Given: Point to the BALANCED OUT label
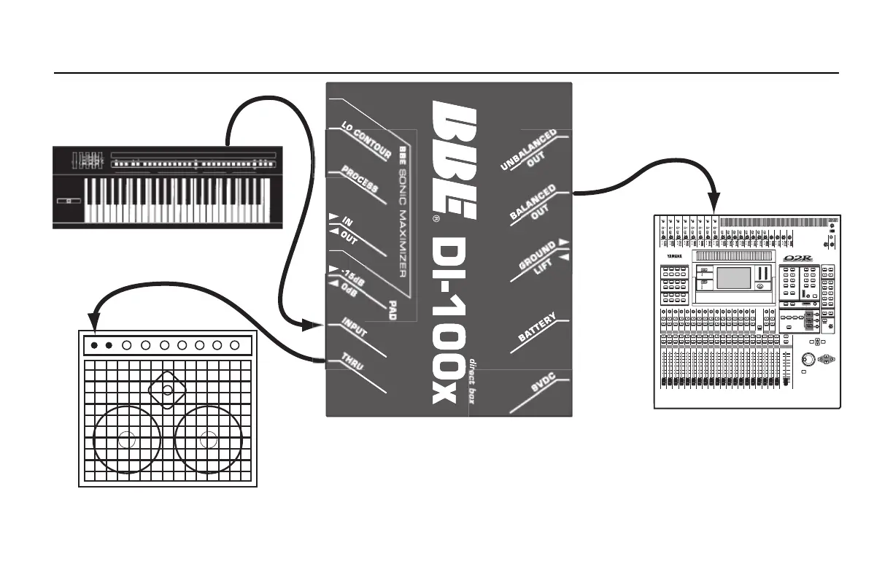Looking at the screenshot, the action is point(534,203).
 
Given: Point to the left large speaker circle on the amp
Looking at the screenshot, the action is point(127,439).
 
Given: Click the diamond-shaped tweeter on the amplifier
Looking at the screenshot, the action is point(168,390).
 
